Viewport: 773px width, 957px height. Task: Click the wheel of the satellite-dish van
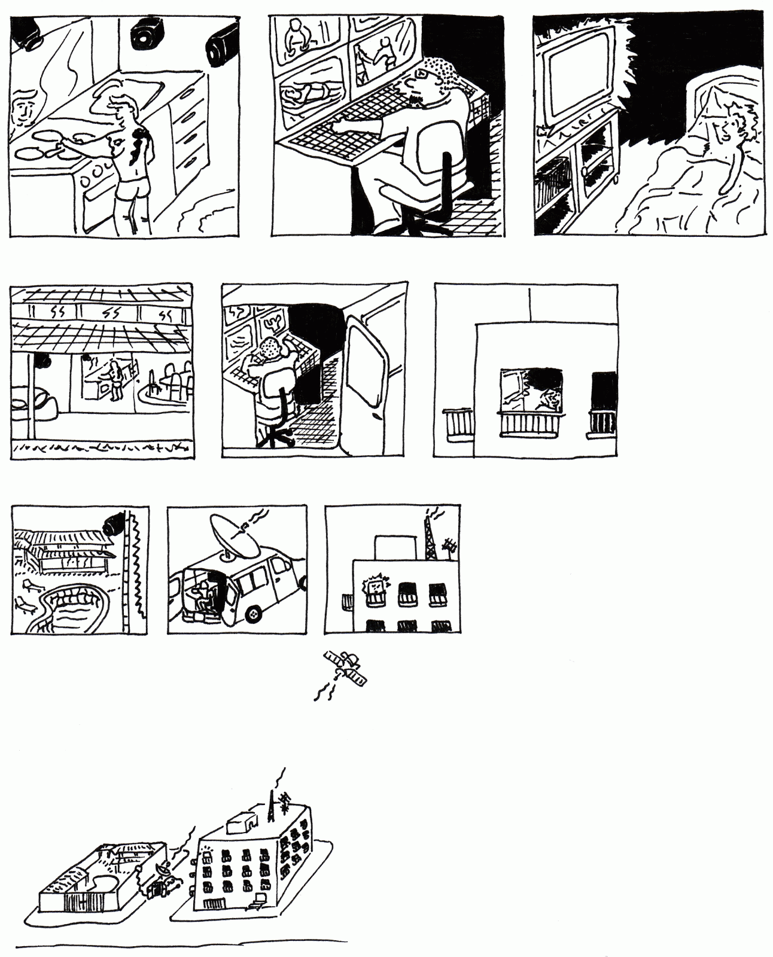[x=254, y=614]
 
